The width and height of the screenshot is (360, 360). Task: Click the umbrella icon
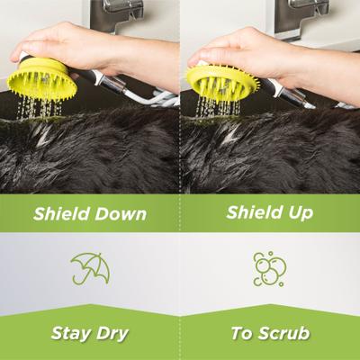(89, 268)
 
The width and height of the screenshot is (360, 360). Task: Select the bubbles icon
(269, 268)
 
